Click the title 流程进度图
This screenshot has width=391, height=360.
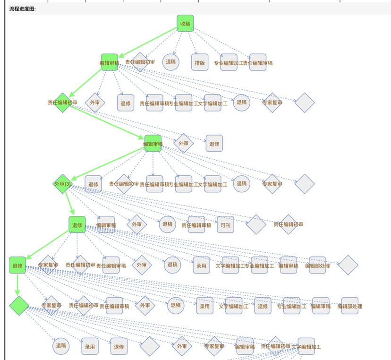coord(22,9)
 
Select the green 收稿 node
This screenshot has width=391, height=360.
coord(185,23)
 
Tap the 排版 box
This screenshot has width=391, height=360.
coord(199,62)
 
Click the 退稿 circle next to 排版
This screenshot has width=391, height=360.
coord(170,61)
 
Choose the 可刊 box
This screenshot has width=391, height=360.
coord(225,224)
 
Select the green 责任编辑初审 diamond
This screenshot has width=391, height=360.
coord(62,103)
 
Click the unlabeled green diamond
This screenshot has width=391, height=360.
coord(19,305)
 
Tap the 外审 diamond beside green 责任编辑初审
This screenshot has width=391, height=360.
coord(94,103)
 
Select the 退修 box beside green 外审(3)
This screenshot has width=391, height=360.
coord(93,184)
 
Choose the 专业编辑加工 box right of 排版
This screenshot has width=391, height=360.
coord(229,62)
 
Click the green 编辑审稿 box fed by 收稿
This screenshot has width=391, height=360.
coord(109,62)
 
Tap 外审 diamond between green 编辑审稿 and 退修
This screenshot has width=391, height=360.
coord(183,143)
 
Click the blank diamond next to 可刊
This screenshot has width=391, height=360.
coord(256,224)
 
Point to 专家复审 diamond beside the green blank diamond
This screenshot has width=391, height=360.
coord(51,305)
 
